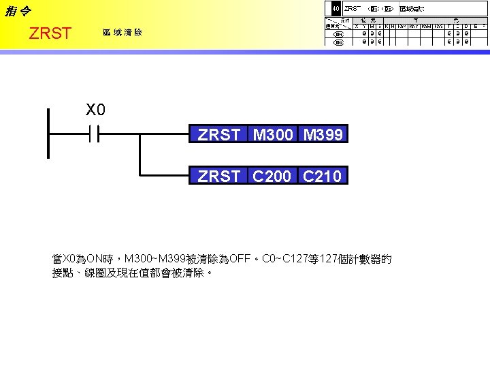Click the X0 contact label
point(95,109)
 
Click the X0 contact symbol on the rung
point(94,135)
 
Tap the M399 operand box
point(323,135)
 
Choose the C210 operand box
point(323,177)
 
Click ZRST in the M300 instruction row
point(218,135)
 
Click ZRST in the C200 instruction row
point(218,177)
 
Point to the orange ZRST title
point(50,33)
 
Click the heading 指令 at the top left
point(17,12)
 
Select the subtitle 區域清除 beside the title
point(122,33)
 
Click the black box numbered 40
point(335,9)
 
